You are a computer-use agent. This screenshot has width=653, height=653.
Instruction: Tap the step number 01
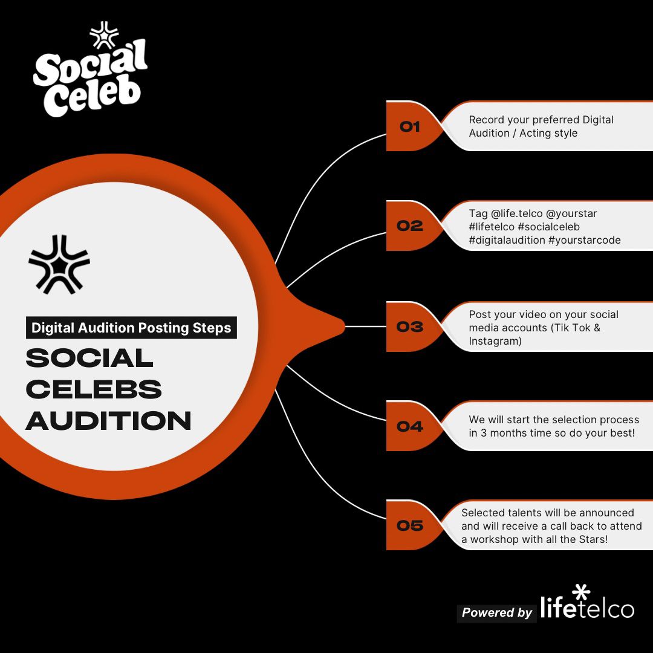tap(409, 127)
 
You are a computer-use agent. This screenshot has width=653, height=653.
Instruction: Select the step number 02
tap(409, 226)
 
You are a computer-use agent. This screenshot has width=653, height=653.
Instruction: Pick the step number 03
tap(409, 327)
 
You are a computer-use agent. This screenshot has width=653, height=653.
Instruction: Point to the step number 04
tap(409, 426)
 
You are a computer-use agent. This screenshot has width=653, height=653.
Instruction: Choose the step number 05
tap(409, 525)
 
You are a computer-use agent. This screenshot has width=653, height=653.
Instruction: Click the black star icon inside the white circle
tap(59, 264)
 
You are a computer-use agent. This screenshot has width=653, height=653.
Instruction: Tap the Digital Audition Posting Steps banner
tap(131, 328)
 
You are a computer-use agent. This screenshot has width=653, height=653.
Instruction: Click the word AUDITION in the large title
tap(108, 421)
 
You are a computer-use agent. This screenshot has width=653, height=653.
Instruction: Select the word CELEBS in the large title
tap(94, 389)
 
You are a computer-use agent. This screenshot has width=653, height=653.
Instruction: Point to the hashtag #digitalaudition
tap(506, 240)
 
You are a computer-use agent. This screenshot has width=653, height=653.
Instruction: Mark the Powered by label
tap(496, 612)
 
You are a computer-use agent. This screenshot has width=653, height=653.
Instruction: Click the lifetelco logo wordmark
tap(586, 608)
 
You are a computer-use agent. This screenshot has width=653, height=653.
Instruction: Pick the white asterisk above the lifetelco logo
tap(580, 592)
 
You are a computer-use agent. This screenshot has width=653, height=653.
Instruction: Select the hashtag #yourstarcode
tap(584, 240)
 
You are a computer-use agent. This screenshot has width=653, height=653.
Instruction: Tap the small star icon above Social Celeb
tap(104, 35)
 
